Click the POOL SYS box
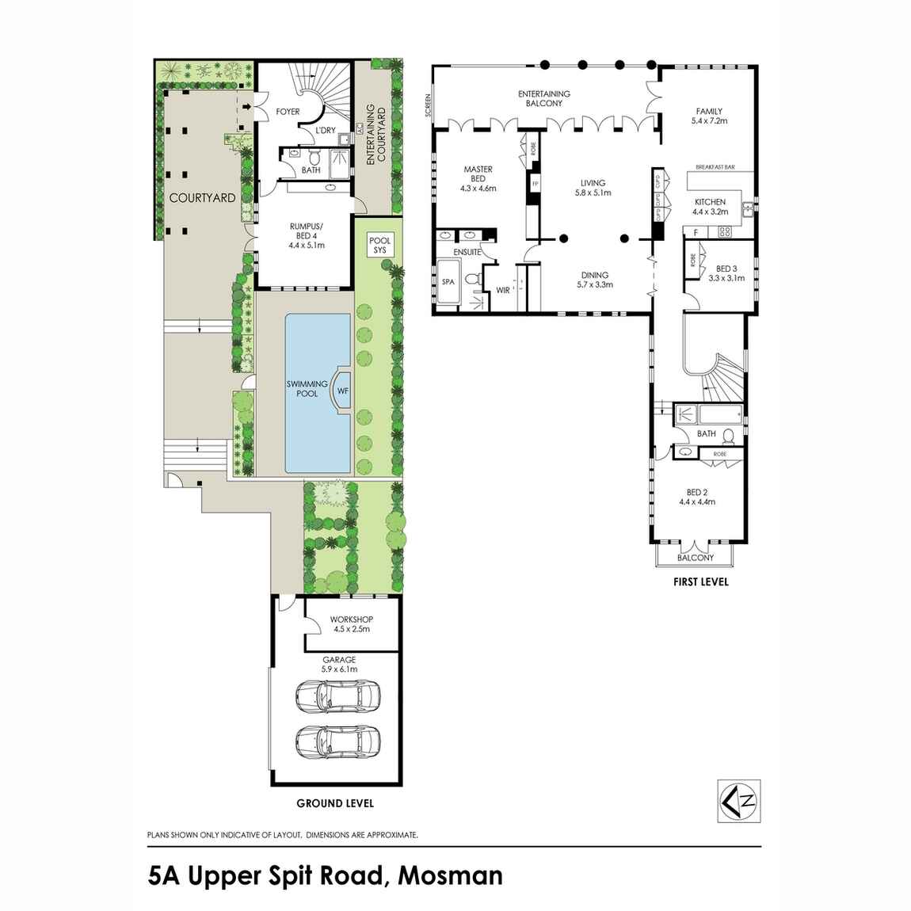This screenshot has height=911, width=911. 380,246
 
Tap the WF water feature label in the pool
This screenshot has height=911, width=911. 343,391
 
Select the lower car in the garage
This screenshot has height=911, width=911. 338,742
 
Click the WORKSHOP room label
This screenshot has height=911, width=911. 352,619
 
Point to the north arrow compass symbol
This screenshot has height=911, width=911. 739,801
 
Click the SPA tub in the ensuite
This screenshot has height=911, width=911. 448,282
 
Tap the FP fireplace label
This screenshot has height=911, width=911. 535,184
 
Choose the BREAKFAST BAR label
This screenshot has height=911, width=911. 715,167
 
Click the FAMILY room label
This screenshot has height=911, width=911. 710,111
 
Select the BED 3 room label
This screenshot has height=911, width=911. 726,269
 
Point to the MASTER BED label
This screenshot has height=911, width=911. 478,173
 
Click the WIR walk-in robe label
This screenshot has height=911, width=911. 502,291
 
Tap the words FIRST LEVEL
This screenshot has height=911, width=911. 701,581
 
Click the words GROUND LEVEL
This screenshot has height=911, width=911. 335,803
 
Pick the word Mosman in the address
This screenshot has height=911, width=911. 450,875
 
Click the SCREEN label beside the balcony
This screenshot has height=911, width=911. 429,105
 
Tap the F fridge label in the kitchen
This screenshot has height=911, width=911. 696,232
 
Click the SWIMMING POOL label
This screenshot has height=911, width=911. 307,389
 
